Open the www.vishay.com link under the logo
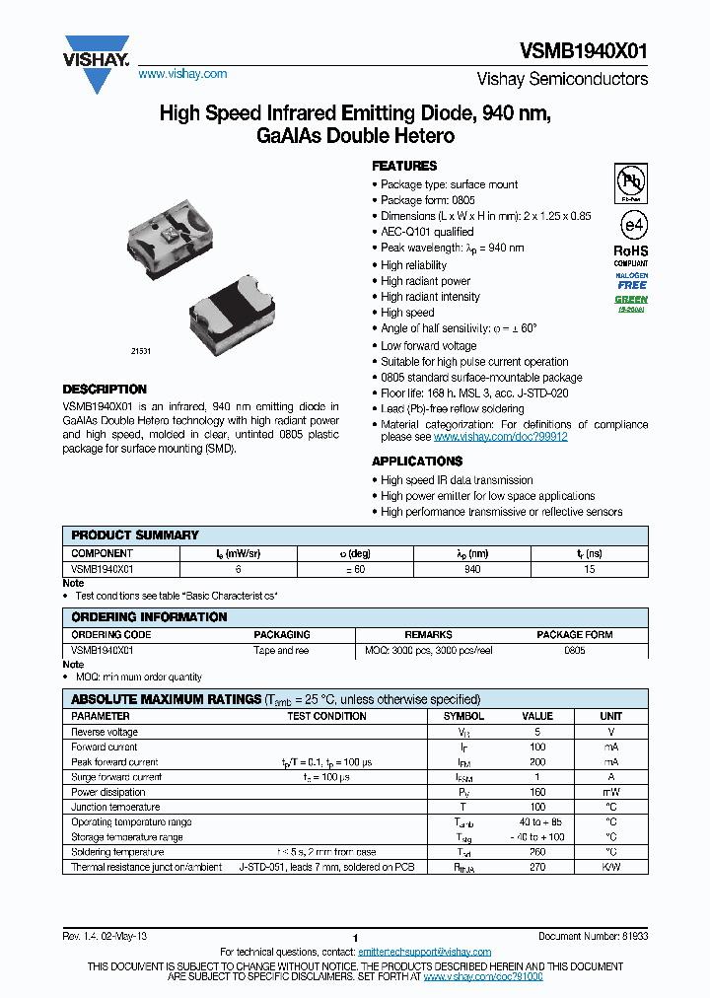[182, 74]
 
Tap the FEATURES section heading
[403, 166]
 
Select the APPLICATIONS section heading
[417, 462]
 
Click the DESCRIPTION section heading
[105, 390]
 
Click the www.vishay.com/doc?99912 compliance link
[500, 436]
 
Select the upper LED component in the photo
[169, 233]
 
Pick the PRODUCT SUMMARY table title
[135, 535]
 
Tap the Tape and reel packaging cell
[281, 651]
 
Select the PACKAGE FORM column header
[574, 635]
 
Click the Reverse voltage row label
[105, 732]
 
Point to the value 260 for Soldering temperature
[536, 852]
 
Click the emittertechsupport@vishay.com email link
[424, 952]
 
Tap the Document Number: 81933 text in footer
[593, 936]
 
